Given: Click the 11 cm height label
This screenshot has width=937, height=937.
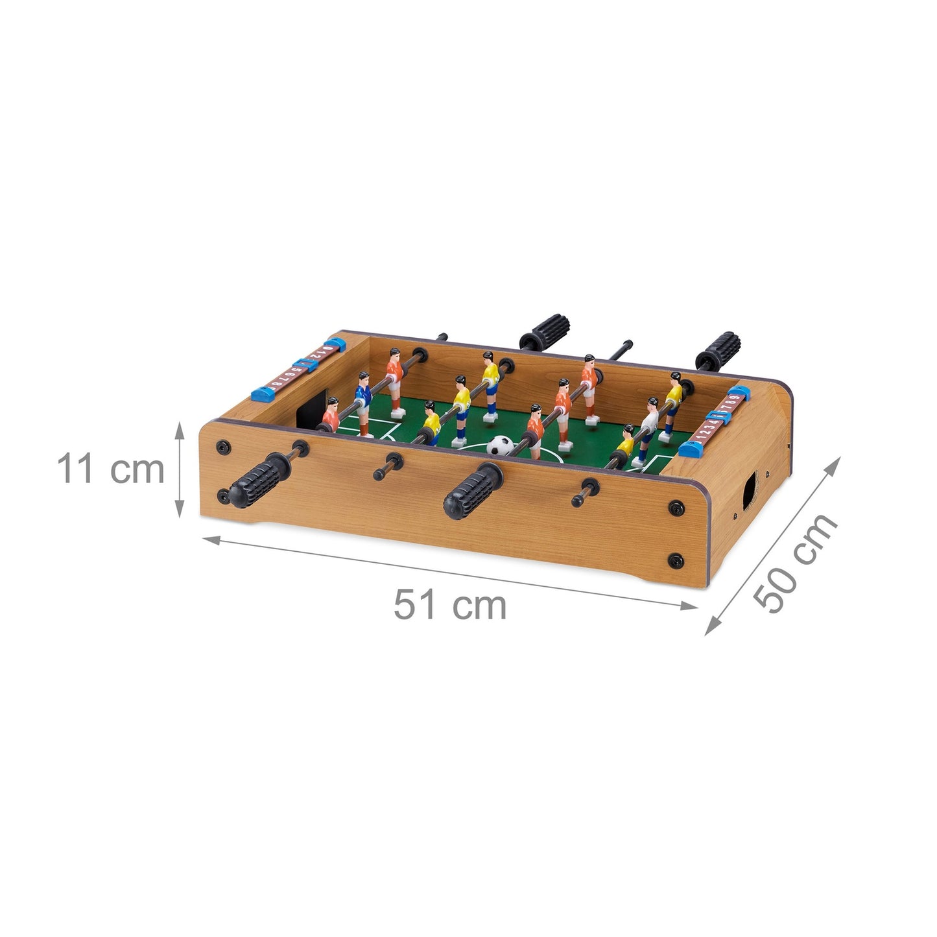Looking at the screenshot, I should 111,469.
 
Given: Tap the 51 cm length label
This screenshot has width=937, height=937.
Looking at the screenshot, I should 450,605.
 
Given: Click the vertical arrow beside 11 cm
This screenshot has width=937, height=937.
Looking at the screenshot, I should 181,469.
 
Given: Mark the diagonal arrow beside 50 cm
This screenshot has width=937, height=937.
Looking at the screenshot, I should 772,545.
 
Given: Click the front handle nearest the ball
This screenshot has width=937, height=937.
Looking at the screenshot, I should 473,492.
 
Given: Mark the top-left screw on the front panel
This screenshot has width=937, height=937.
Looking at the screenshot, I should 224,446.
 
